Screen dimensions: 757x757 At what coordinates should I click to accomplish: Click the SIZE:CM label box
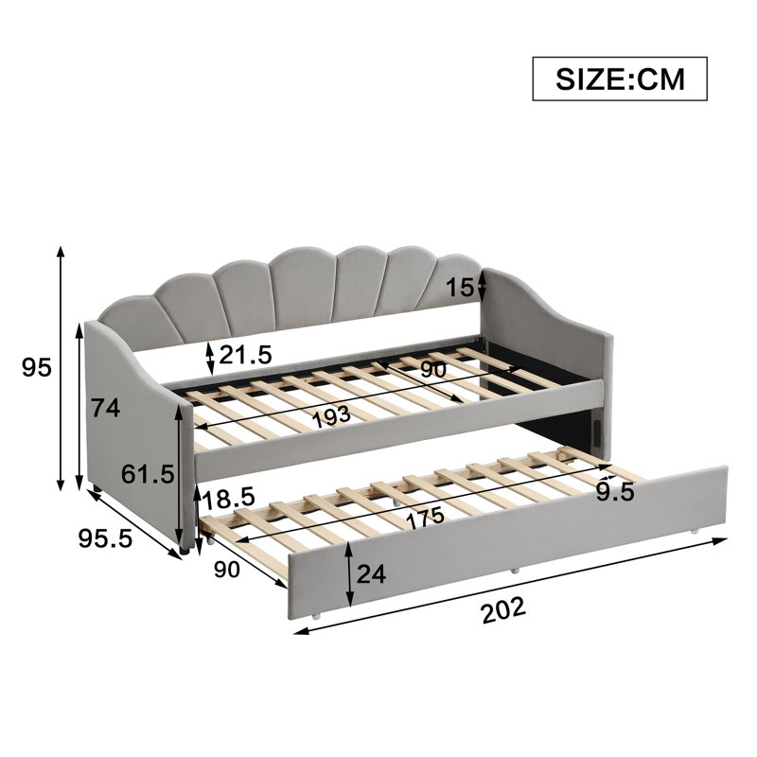(x=620, y=79)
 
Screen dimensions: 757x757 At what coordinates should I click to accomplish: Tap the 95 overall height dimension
(x=37, y=368)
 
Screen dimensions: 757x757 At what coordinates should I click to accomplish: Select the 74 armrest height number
(x=106, y=409)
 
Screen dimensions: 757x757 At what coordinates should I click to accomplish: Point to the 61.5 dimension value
(x=148, y=474)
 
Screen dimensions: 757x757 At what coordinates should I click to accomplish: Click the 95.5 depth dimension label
(x=105, y=537)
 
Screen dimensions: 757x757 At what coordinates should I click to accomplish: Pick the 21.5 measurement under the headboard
(x=246, y=355)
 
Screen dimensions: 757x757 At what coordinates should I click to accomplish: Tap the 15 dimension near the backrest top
(x=460, y=288)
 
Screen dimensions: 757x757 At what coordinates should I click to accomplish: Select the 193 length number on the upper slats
(x=331, y=416)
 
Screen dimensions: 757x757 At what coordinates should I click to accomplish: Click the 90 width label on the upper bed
(x=433, y=370)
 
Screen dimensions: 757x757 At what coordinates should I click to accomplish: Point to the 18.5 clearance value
(x=228, y=499)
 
